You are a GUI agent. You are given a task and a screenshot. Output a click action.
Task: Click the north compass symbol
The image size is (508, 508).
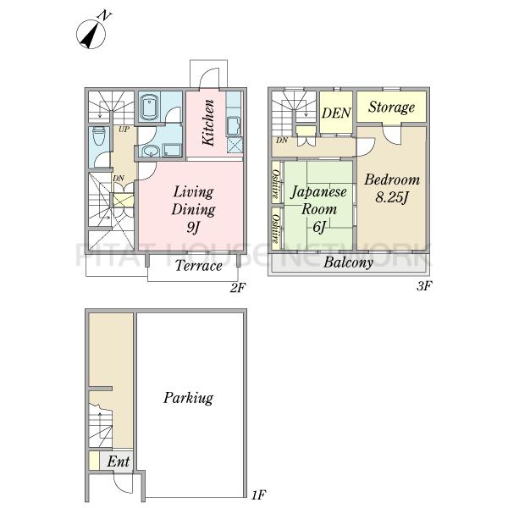click(x=91, y=33)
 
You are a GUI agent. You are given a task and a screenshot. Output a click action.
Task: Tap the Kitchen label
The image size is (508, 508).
click(x=208, y=123)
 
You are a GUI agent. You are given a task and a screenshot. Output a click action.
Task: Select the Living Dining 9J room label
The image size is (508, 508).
click(x=193, y=209)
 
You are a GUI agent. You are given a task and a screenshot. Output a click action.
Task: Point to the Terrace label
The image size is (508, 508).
click(x=199, y=266)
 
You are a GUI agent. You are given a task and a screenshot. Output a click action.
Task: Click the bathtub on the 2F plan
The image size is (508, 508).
click(x=150, y=107)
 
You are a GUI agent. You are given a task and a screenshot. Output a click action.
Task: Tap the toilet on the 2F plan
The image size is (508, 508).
click(x=99, y=136)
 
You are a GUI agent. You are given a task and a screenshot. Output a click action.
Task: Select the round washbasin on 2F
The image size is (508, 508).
click(x=151, y=151)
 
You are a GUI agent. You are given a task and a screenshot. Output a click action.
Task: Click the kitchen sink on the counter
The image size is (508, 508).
click(x=234, y=126)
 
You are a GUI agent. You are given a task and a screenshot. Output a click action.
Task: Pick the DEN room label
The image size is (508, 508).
click(x=336, y=113)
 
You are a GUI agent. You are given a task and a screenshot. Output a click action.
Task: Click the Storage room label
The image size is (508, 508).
click(x=391, y=108)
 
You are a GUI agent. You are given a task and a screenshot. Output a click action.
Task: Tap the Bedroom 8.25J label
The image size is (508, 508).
click(x=392, y=188)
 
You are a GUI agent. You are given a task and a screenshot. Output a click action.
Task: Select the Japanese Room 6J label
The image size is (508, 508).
click(x=319, y=209)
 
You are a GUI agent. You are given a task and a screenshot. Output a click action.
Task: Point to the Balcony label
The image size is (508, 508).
click(x=348, y=262)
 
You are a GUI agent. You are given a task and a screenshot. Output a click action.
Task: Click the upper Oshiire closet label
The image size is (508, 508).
click(x=276, y=184)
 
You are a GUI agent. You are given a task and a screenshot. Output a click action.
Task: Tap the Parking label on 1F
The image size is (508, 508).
click(x=188, y=398)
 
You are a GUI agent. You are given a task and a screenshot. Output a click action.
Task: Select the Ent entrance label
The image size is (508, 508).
click(x=119, y=461)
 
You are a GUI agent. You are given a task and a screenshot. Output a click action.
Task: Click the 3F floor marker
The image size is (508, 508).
click(x=424, y=286)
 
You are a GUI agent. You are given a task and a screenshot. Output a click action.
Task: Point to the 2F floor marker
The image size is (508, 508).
click(x=238, y=287)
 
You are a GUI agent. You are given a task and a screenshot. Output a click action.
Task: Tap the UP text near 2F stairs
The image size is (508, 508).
click(x=124, y=130)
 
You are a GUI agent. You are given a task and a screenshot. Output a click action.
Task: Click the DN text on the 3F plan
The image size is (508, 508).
click(x=282, y=141)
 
